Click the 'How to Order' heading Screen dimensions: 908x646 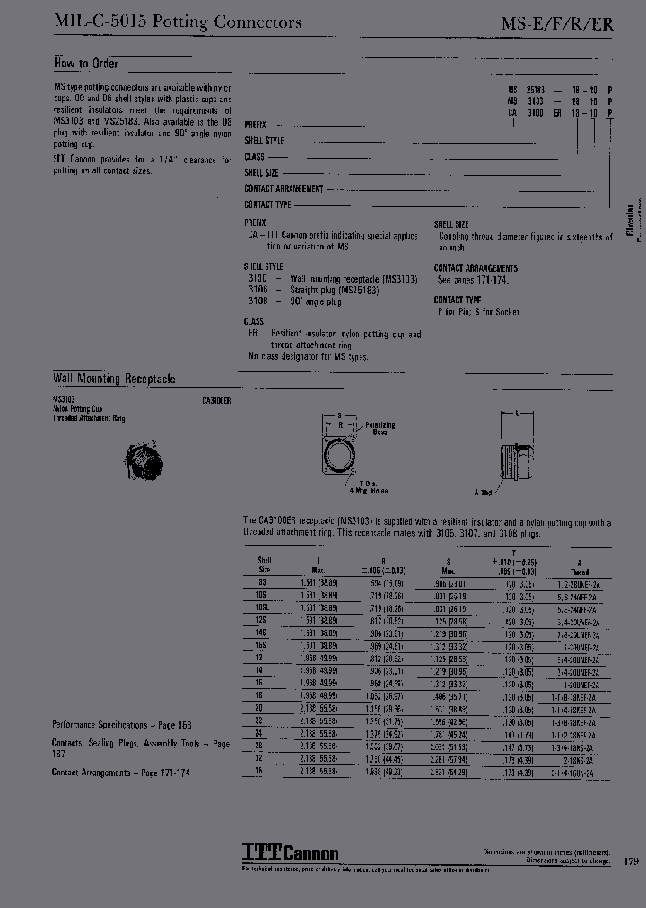[x=85, y=64]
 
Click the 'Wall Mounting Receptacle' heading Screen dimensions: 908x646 [x=113, y=380]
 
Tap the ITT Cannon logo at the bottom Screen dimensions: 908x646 [x=290, y=852]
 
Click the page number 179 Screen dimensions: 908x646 [x=632, y=860]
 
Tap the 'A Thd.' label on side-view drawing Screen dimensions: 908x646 [x=484, y=493]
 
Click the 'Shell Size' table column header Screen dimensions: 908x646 [x=265, y=564]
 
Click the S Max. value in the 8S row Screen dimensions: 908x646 [x=455, y=581]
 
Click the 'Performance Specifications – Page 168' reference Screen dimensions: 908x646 [x=121, y=724]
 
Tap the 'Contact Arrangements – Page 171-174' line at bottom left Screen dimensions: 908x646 [x=120, y=773]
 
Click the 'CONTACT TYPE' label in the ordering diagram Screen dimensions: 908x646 [x=267, y=205]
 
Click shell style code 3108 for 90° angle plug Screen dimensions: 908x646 [x=257, y=301]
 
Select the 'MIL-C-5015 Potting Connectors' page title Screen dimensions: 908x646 [x=177, y=22]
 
